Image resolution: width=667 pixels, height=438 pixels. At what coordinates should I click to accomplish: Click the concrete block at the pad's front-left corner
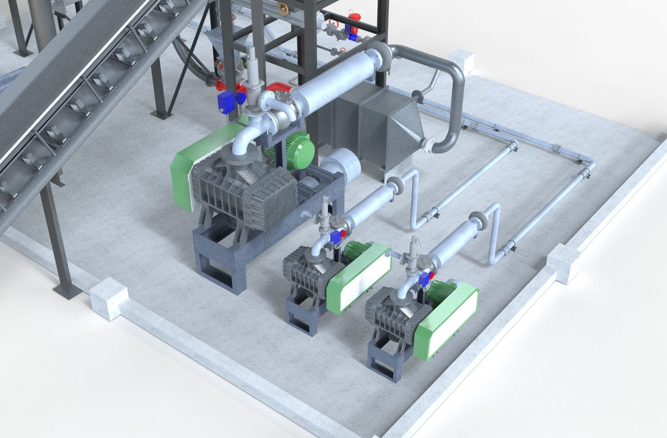coord(108,300)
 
